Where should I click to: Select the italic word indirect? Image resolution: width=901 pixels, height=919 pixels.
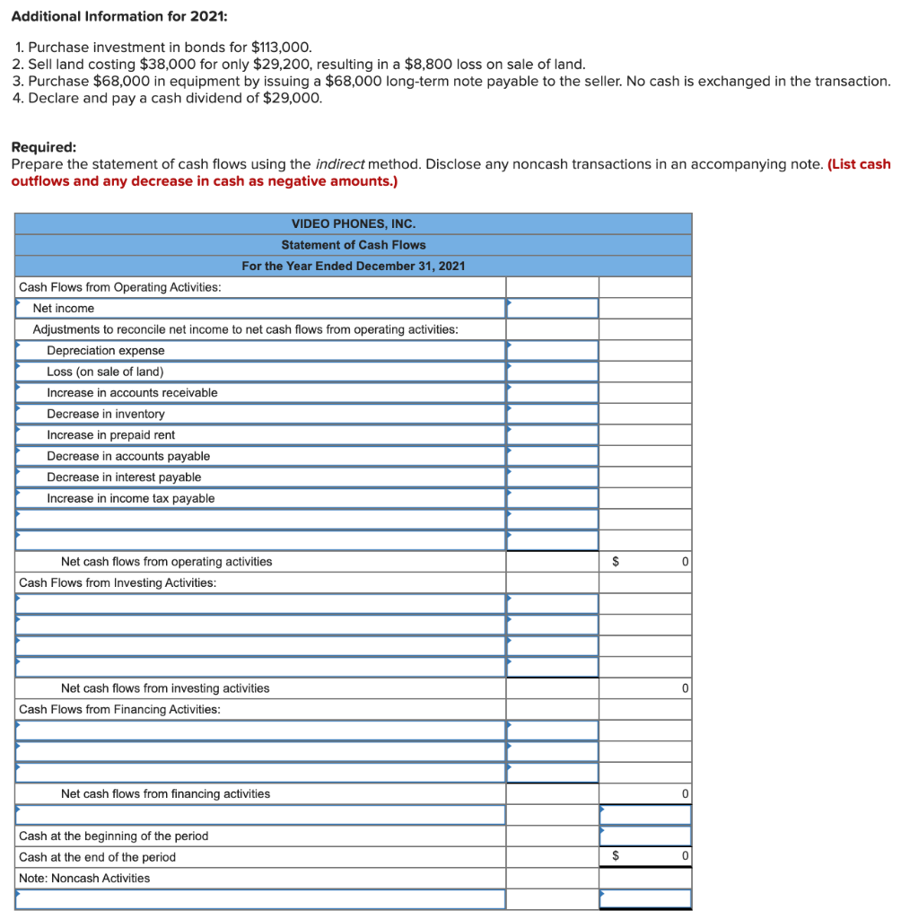(340, 163)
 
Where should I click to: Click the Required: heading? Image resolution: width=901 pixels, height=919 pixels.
(43, 146)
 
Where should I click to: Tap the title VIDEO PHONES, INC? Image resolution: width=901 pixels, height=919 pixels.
(353, 223)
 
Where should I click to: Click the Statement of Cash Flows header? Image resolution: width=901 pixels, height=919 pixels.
(353, 245)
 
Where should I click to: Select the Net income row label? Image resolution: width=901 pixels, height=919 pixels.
(64, 308)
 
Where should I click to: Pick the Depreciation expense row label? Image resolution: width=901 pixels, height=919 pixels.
(106, 350)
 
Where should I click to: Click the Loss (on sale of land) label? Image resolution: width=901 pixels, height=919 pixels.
(105, 372)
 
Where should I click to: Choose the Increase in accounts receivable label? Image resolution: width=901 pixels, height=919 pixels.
(132, 392)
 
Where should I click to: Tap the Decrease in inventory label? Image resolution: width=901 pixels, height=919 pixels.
(106, 414)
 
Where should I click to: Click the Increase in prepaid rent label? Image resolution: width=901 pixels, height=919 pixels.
(111, 434)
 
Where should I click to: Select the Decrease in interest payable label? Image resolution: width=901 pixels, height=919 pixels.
(124, 477)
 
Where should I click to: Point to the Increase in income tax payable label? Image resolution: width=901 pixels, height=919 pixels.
(131, 498)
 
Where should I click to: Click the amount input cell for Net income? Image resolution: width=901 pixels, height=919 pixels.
(552, 308)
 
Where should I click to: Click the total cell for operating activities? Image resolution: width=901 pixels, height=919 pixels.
(645, 562)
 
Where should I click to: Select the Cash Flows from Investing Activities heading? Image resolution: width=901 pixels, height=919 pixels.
(118, 582)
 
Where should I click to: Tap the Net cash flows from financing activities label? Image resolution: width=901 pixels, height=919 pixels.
(165, 793)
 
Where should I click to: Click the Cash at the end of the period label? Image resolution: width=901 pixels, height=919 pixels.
(97, 857)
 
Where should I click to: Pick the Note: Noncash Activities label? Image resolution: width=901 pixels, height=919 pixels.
(84, 878)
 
